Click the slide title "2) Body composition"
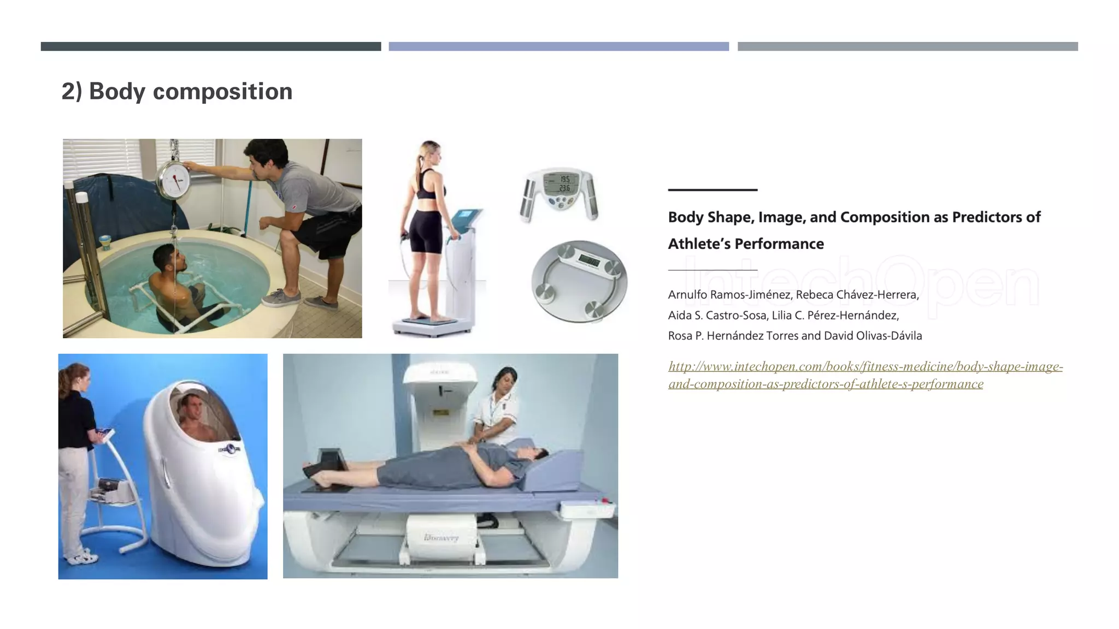pos(177,91)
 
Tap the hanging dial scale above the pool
pos(174,180)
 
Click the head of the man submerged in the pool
pos(167,257)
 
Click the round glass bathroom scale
pos(579,281)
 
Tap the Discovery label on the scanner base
pos(441,538)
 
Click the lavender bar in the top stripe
pos(558,46)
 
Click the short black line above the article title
pos(712,190)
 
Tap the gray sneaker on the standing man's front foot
pos(281,298)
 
